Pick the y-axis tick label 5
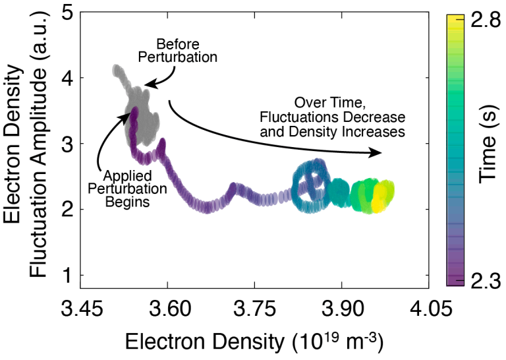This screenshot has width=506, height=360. tap(67, 13)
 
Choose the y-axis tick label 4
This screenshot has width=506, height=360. tap(67, 78)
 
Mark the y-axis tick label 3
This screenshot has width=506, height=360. tap(67, 144)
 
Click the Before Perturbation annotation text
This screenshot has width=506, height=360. tap(186, 51)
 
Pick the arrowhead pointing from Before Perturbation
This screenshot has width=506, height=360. tap(148, 84)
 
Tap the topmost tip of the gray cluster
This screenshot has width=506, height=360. tap(117, 67)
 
